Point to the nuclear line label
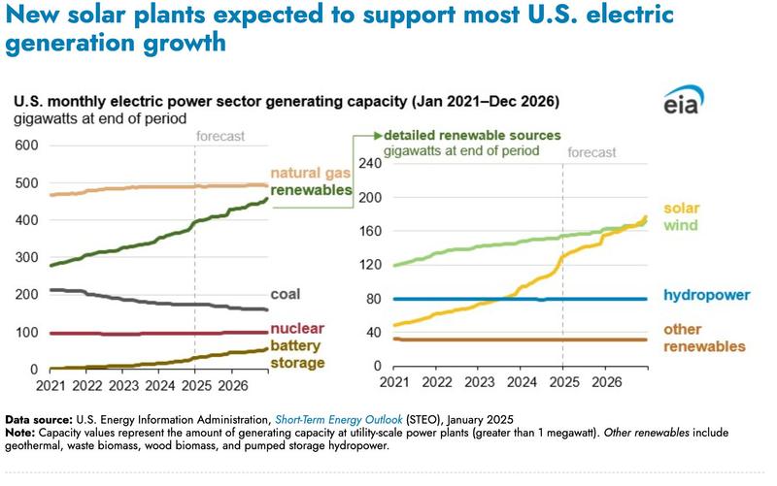296,328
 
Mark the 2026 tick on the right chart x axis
606,384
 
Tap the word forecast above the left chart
220,137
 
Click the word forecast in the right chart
591,152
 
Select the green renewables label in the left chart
311,191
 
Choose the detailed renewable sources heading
473,135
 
